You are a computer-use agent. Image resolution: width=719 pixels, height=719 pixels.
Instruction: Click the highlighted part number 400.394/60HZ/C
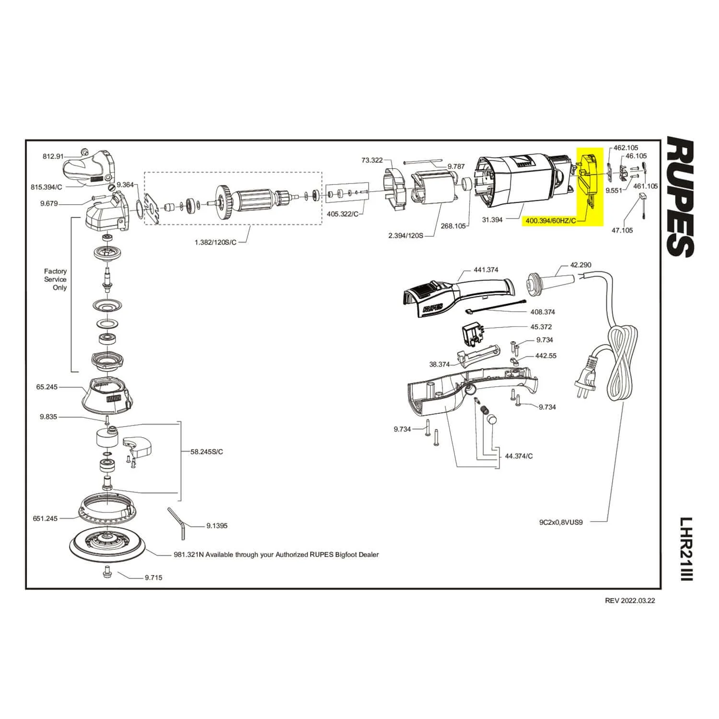(x=550, y=221)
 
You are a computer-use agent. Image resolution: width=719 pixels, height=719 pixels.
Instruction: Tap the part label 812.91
(x=53, y=156)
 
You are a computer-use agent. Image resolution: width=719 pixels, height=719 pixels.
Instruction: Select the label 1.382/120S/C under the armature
(x=215, y=243)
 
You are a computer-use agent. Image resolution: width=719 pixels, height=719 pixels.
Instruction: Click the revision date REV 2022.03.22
(x=630, y=601)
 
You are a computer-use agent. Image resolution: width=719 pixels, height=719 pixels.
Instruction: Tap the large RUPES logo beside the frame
(x=680, y=197)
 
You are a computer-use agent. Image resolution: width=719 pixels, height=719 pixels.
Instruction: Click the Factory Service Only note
(x=56, y=279)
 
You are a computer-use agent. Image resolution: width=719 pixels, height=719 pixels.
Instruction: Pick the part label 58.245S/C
(x=207, y=452)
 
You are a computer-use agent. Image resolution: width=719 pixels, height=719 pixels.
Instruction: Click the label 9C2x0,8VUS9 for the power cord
(x=561, y=522)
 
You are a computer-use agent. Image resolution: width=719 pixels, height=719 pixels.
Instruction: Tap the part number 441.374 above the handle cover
(x=486, y=270)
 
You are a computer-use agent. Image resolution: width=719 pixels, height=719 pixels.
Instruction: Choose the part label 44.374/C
(x=519, y=456)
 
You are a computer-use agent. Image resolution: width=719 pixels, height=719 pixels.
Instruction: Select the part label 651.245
(x=45, y=518)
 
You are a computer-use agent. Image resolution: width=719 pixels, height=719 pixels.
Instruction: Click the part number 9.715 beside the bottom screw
(x=153, y=577)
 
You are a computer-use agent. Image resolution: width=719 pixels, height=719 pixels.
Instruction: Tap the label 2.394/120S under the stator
(x=406, y=236)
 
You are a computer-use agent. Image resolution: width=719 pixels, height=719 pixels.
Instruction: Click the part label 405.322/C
(x=342, y=214)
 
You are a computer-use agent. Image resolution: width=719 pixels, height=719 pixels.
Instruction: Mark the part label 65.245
(x=47, y=386)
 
